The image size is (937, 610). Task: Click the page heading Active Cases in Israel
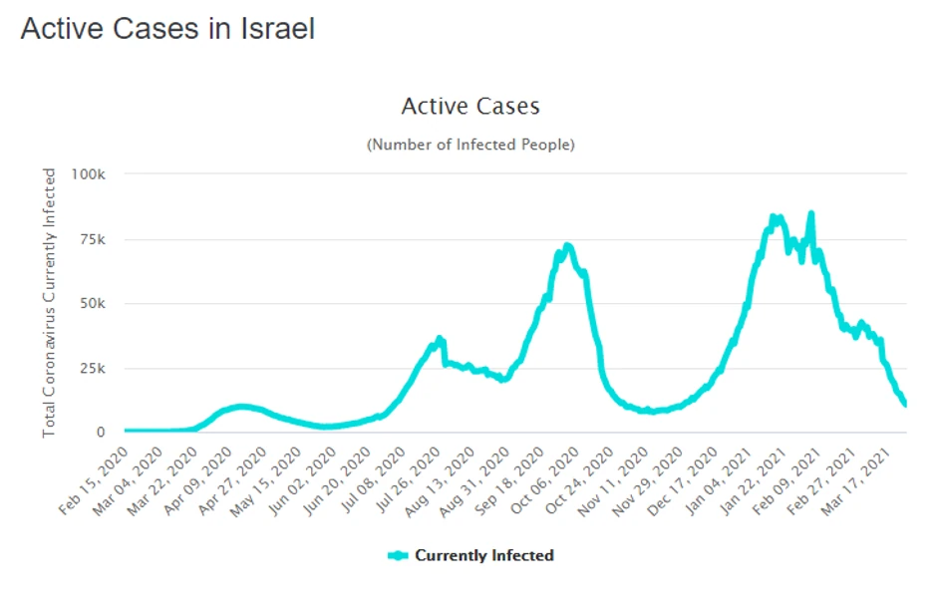click(x=167, y=29)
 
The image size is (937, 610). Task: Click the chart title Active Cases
click(x=469, y=106)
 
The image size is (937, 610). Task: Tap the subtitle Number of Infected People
click(x=470, y=145)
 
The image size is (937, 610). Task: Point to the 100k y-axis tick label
click(x=89, y=173)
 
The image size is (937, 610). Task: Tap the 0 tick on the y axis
click(x=101, y=433)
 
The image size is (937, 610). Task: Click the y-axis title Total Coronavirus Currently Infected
click(x=49, y=302)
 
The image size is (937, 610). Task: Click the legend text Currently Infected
click(x=484, y=555)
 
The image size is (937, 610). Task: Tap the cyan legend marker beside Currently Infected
click(x=399, y=555)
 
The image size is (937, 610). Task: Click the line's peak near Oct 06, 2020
click(x=567, y=245)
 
